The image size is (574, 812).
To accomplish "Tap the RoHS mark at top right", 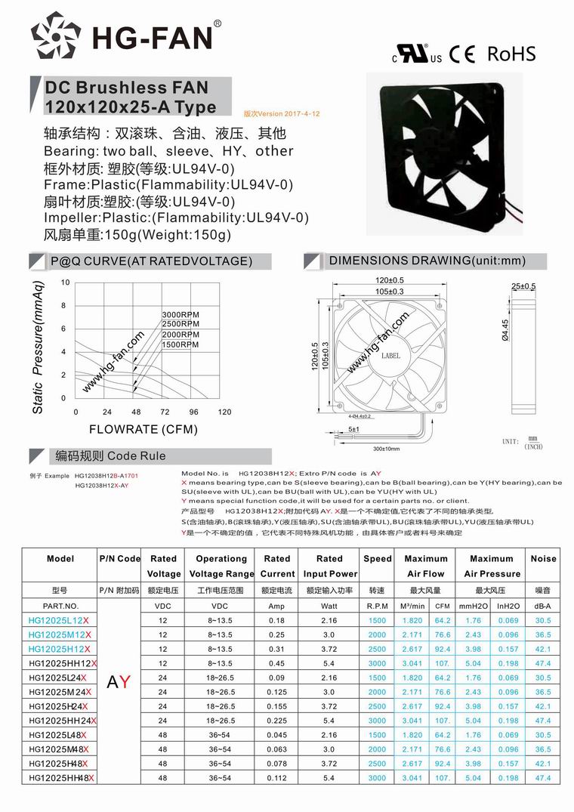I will pyautogui.click(x=511, y=54).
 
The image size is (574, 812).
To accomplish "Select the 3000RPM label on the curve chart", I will pyautogui.click(x=181, y=314).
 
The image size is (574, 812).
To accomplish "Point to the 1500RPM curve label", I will pyautogui.click(x=181, y=344).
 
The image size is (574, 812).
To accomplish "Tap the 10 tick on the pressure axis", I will pyautogui.click(x=65, y=283).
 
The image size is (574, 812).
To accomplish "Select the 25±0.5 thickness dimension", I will pyautogui.click(x=523, y=286).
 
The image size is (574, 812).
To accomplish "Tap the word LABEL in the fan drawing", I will pyautogui.click(x=391, y=355).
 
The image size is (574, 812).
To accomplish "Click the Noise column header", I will pyautogui.click(x=543, y=559).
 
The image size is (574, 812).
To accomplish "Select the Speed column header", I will pyautogui.click(x=377, y=559).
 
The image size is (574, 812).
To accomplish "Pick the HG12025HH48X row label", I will pyautogui.click(x=60, y=777).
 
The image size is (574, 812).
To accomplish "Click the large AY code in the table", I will pyautogui.click(x=119, y=683).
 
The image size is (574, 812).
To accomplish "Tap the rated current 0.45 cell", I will pyautogui.click(x=276, y=663).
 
